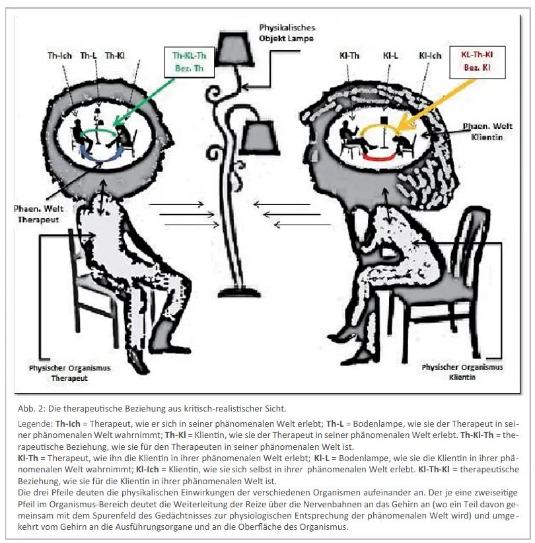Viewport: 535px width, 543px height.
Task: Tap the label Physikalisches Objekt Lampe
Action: tap(287, 32)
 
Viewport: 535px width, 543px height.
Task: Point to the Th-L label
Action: tap(89, 56)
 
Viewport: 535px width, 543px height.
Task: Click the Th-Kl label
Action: tap(115, 56)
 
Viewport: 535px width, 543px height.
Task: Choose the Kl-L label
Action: tap(390, 57)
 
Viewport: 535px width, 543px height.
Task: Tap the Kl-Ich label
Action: tap(430, 57)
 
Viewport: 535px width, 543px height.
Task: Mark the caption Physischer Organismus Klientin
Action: tap(462, 372)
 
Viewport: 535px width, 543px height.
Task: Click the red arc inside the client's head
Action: tap(374, 159)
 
